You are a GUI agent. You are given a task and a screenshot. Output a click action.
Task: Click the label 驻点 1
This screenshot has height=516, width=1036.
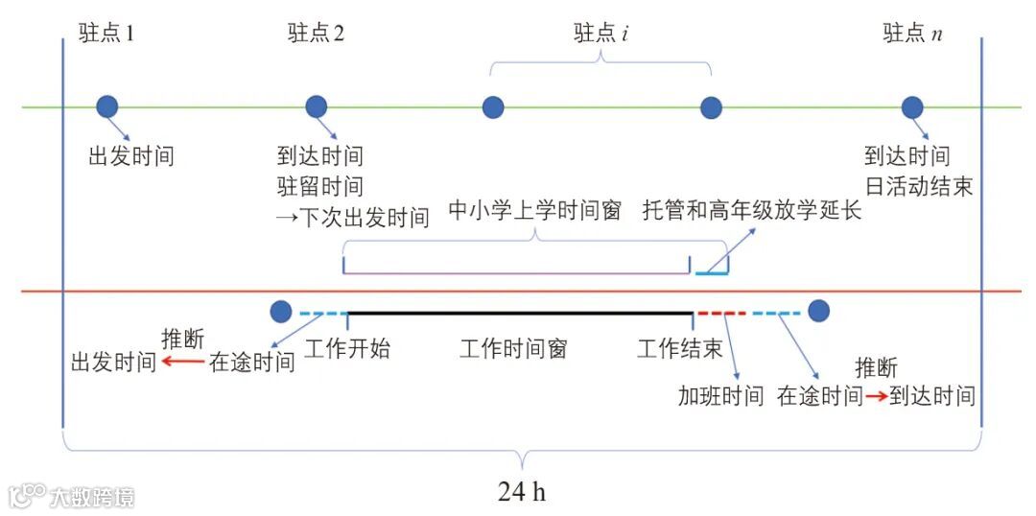(106, 34)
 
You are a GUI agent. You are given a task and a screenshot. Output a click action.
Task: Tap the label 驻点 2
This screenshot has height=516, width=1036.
(316, 34)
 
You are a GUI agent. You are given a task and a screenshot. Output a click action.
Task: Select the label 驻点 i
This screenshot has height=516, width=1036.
(600, 34)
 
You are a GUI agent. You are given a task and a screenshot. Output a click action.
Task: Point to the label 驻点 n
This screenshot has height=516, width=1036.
(912, 34)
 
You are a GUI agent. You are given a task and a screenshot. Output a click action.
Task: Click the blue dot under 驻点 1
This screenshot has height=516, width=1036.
(107, 106)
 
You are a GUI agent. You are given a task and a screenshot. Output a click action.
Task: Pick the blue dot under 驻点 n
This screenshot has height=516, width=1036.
(912, 106)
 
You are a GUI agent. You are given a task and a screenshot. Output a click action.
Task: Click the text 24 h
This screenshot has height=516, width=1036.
(521, 492)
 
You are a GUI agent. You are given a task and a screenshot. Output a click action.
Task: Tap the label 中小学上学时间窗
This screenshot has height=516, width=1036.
(535, 210)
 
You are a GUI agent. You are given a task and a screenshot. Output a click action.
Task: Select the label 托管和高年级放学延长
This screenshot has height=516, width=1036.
(752, 210)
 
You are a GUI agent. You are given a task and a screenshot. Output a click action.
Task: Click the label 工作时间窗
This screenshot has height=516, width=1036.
(513, 348)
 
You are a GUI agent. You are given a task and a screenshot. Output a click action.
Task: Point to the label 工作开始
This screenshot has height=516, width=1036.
(347, 348)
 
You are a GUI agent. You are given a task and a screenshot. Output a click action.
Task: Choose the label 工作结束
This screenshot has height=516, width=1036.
(679, 348)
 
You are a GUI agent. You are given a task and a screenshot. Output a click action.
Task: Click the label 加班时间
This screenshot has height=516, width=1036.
(720, 396)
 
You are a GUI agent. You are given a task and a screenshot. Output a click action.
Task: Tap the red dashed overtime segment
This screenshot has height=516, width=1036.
(720, 313)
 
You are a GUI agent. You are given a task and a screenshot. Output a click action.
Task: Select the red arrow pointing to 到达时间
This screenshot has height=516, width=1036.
(875, 396)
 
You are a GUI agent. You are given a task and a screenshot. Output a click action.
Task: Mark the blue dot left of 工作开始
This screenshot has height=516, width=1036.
(281, 312)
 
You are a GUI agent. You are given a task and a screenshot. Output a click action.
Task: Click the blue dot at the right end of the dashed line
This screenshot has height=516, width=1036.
(818, 312)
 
